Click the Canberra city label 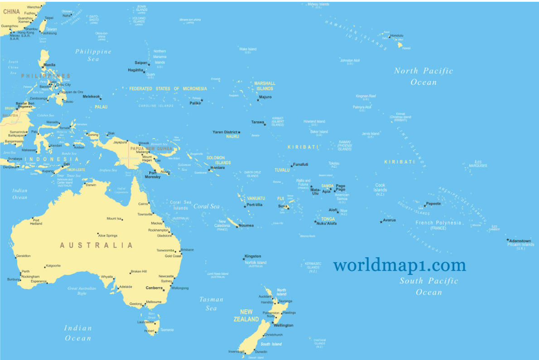(x=154, y=288)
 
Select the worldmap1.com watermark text (x=399, y=264)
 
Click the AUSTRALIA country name (x=96, y=245)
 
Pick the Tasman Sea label (x=212, y=303)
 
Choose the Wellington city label (x=284, y=325)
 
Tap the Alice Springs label (x=108, y=235)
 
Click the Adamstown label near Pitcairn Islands (x=520, y=240)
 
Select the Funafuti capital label (x=301, y=164)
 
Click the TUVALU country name (x=282, y=170)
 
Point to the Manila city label (x=49, y=65)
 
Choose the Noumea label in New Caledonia (x=246, y=226)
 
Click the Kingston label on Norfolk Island (x=253, y=256)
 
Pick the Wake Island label (x=248, y=49)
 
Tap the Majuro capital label (x=265, y=97)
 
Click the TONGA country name (x=328, y=219)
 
